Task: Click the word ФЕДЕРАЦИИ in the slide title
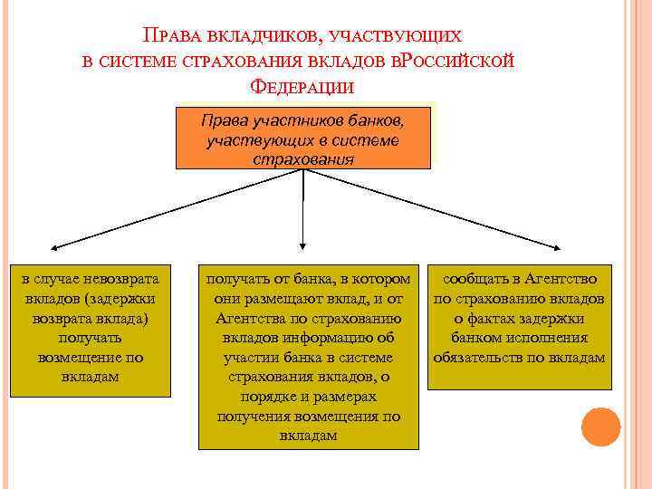click(x=299, y=86)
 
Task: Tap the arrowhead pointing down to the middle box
click(x=302, y=245)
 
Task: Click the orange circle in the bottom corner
click(x=600, y=426)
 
